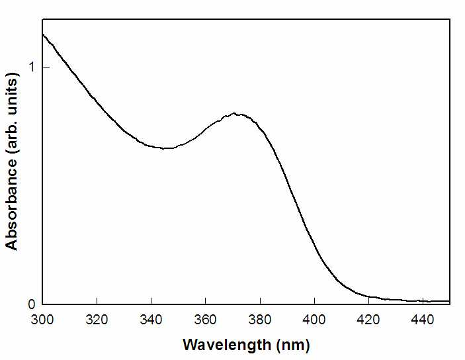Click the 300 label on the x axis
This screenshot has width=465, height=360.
tap(42, 320)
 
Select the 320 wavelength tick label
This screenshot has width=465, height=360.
tap(97, 320)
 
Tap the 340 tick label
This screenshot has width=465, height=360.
tap(151, 320)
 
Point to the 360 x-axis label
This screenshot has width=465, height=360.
tap(206, 320)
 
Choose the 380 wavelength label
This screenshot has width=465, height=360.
tap(260, 320)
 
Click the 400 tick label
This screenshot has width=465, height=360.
tap(314, 320)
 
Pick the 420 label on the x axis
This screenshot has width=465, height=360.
tap(368, 320)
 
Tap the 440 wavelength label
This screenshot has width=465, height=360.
tap(423, 320)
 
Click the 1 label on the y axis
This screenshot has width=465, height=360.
tap(32, 67)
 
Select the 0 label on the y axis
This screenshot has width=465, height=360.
tap(32, 304)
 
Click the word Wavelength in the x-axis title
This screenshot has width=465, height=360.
tap(227, 345)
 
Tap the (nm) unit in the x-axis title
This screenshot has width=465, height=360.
tap(293, 345)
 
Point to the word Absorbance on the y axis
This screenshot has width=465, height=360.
tap(12, 205)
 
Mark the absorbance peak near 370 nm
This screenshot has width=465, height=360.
tap(234, 113)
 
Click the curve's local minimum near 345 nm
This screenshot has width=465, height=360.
tap(164, 148)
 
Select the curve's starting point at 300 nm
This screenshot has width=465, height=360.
tap(43, 34)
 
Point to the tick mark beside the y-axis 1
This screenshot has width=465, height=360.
tap(46, 67)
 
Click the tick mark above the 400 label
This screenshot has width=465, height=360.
tap(314, 300)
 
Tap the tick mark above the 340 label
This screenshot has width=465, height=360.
tap(151, 300)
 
